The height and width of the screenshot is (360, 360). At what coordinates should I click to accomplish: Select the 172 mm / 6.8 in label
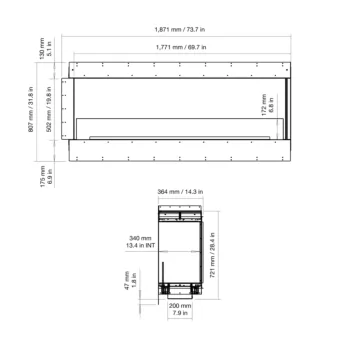coord(268,103)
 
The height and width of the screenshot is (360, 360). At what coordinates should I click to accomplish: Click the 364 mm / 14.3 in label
coord(181,191)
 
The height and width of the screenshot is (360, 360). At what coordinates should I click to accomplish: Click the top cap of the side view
coord(181,212)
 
